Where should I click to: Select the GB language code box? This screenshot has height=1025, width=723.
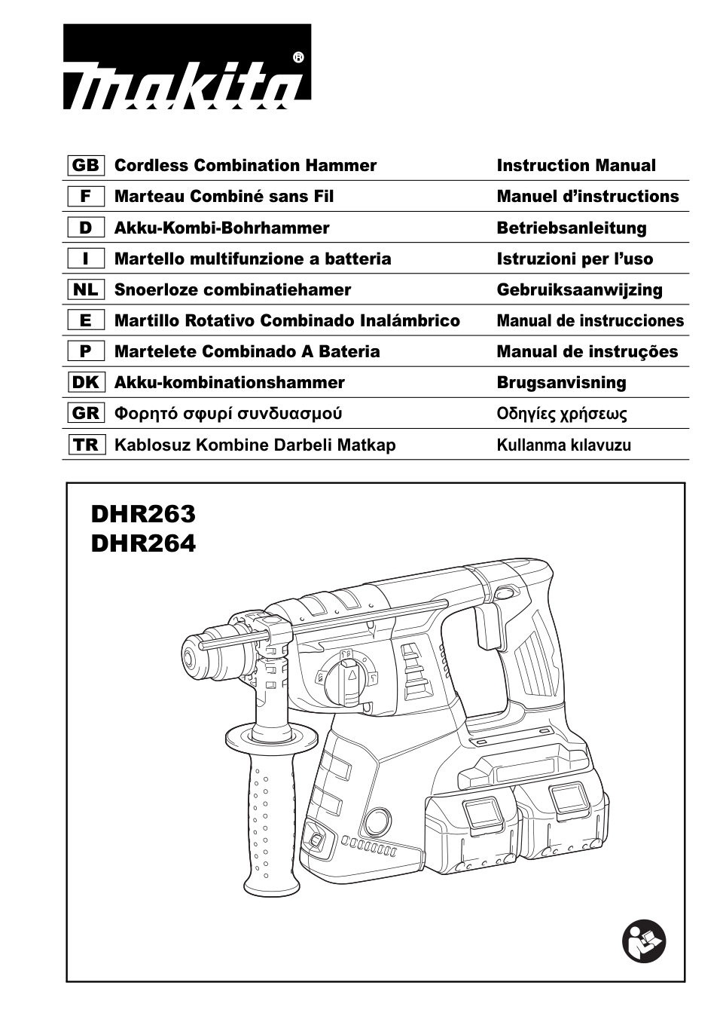pyautogui.click(x=86, y=166)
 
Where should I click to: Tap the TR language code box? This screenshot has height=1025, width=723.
pyautogui.click(x=86, y=445)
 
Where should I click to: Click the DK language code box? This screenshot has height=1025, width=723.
pyautogui.click(x=86, y=383)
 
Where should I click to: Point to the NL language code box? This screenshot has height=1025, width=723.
pyautogui.click(x=86, y=290)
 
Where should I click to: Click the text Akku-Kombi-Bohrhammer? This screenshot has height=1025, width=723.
pyautogui.click(x=221, y=228)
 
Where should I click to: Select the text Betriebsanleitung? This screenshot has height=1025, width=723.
pyautogui.click(x=571, y=228)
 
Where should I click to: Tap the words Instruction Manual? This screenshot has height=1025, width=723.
pyautogui.click(x=576, y=166)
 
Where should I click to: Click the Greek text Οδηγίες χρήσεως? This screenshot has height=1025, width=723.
pyautogui.click(x=562, y=414)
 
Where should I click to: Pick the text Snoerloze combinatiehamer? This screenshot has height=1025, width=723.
pyautogui.click(x=232, y=290)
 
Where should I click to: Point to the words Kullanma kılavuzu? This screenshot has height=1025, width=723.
pyautogui.click(x=563, y=445)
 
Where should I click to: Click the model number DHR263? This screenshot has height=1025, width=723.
pyautogui.click(x=143, y=514)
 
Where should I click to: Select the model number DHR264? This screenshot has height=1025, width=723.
pyautogui.click(x=143, y=543)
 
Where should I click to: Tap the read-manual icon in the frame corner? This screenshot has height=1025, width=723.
pyautogui.click(x=644, y=940)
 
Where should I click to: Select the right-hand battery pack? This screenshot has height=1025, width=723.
pyautogui.click(x=563, y=818)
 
